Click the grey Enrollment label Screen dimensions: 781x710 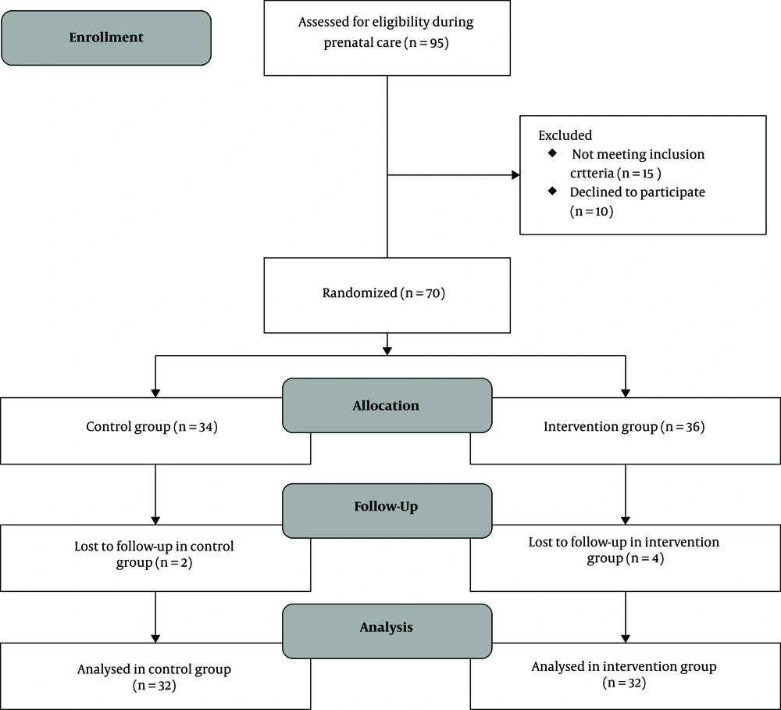106,38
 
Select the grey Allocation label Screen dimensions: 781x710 387,405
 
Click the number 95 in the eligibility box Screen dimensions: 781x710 437,43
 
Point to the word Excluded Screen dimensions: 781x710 565,135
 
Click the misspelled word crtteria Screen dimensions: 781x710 592,173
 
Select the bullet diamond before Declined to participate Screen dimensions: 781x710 552,191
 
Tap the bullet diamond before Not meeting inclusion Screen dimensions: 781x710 552,153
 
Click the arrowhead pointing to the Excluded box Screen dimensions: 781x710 515,175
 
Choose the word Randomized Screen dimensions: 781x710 359,292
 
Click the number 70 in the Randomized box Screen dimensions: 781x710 433,293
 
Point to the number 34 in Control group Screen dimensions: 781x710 205,427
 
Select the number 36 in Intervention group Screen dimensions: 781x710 693,427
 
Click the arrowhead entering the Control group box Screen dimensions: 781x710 155,393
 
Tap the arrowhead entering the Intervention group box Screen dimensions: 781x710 626,393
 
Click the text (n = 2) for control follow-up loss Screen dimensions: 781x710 173,563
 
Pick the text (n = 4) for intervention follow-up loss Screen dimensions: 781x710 645,558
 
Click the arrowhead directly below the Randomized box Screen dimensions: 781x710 387,351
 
